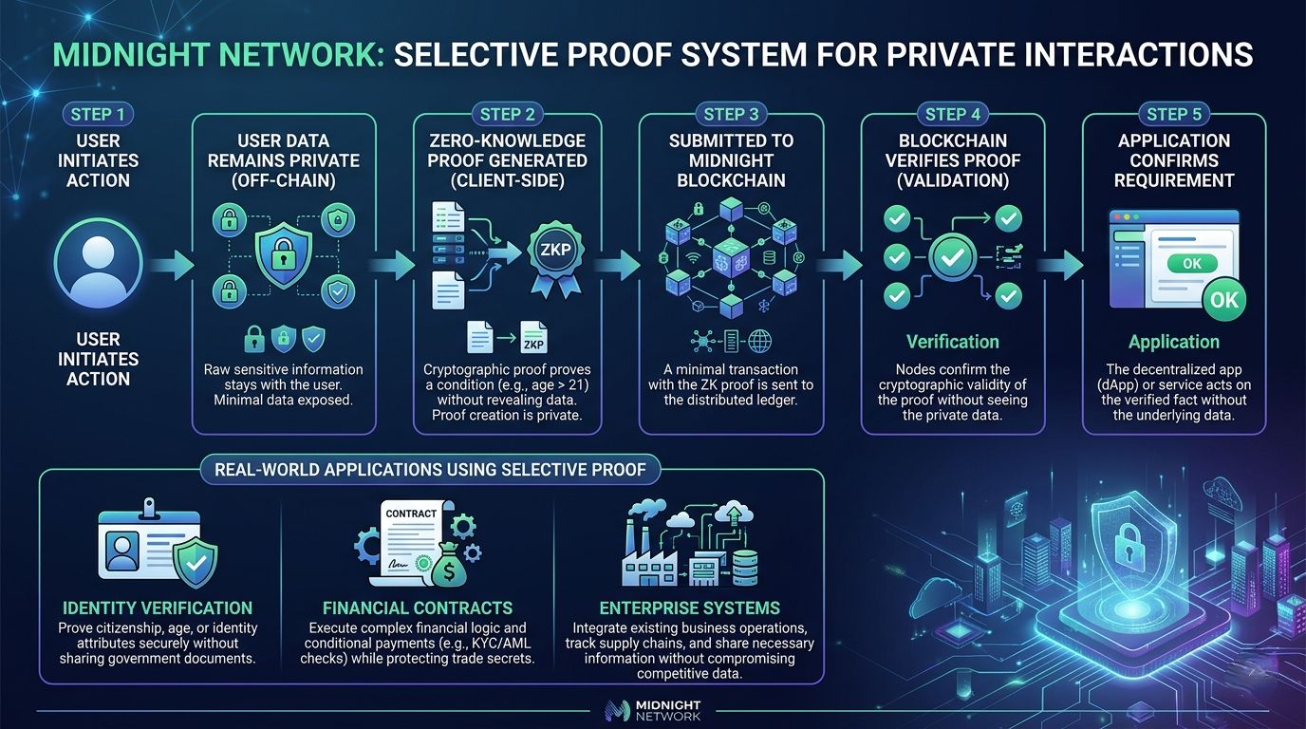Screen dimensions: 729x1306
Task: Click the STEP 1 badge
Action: click(98, 115)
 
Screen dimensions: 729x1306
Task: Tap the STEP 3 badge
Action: click(731, 115)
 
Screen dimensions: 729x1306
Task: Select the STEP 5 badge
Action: click(1174, 115)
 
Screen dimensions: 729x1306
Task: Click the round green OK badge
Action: click(1224, 300)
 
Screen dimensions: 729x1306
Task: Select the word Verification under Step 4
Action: click(952, 342)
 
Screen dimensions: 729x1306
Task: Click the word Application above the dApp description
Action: click(1173, 342)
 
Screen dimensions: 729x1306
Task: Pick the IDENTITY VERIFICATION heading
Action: click(158, 607)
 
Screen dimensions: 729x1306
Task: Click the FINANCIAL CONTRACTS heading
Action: click(417, 607)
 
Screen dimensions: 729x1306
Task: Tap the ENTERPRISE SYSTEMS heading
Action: click(689, 607)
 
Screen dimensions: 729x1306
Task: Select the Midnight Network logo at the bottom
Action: click(652, 710)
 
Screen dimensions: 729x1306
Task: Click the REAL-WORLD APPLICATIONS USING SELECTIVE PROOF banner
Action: click(431, 469)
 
